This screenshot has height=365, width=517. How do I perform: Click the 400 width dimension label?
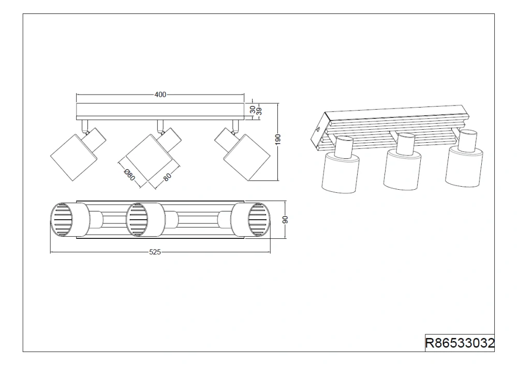[x=160, y=95]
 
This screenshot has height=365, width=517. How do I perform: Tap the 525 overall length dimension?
[x=155, y=252]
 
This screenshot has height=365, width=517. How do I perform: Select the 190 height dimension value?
[x=278, y=140]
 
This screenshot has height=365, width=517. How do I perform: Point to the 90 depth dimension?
[x=286, y=219]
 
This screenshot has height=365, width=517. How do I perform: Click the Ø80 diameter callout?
[x=129, y=175]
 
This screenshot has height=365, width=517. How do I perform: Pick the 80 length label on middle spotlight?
[x=167, y=177]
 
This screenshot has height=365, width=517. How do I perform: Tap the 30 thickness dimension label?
[x=253, y=110]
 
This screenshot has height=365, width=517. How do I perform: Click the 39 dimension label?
[x=259, y=111]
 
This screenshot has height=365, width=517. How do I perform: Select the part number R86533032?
[x=460, y=343]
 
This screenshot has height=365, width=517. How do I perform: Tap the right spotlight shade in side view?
[x=247, y=158]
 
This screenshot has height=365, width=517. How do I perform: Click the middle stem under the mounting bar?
[x=160, y=125]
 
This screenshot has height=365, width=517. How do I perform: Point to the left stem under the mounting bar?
[x=85, y=125]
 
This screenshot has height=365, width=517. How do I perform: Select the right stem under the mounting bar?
[x=235, y=125]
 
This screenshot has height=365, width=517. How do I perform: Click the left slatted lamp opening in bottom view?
[x=61, y=220]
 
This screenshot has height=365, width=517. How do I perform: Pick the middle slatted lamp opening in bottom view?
[x=137, y=220]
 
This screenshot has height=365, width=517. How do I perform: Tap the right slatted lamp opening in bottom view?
[x=259, y=220]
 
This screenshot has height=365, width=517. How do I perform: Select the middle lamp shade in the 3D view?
[x=403, y=170]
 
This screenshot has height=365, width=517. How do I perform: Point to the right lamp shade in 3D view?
[x=464, y=167]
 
